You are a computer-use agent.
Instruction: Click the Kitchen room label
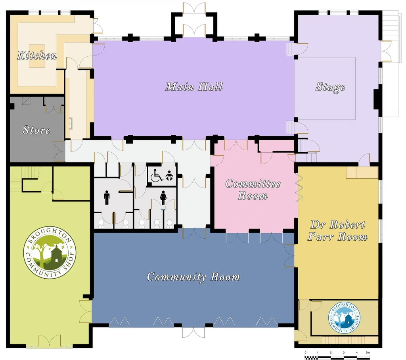click(37, 56)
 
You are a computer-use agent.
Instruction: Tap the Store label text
click(36, 130)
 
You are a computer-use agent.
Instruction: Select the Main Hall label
click(194, 86)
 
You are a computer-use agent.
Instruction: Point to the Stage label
click(330, 87)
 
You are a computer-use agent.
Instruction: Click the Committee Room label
click(253, 190)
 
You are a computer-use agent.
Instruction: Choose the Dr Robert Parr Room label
click(337, 230)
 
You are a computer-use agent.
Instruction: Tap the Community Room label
click(193, 277)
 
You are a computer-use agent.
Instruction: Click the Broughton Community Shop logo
click(50, 253)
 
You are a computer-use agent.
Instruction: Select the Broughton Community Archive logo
click(344, 318)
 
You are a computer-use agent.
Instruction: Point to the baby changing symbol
click(169, 175)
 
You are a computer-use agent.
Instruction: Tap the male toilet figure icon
click(107, 197)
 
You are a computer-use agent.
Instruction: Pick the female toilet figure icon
click(163, 197)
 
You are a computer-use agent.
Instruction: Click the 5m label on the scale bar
click(368, 352)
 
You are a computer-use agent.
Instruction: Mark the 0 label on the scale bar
click(306, 352)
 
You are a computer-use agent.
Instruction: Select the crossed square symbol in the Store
click(26, 100)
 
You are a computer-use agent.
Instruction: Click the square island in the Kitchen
click(37, 56)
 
